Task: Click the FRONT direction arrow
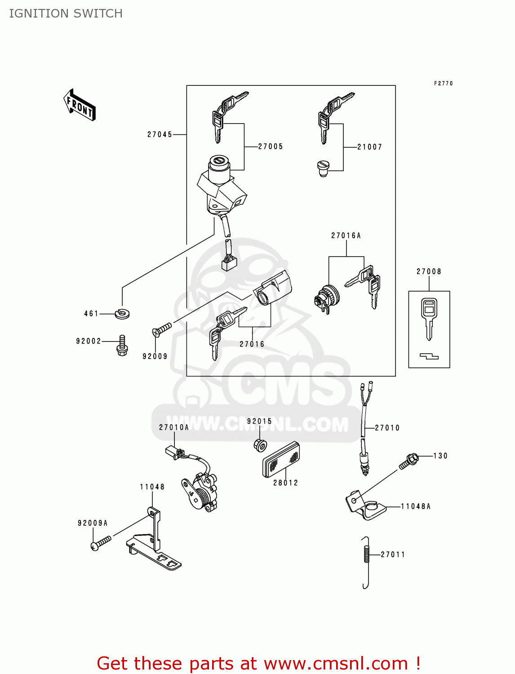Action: point(80,105)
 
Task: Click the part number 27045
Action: point(160,134)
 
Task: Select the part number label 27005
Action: point(271,146)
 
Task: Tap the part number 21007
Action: point(369,147)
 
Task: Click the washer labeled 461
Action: point(122,313)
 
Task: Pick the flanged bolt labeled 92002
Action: point(122,345)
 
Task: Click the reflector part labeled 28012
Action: point(281,458)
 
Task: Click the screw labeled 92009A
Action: point(101,543)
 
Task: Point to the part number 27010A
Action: point(174,427)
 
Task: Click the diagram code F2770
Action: point(443,84)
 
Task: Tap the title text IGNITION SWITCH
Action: point(66,13)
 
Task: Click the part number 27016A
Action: point(346,235)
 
